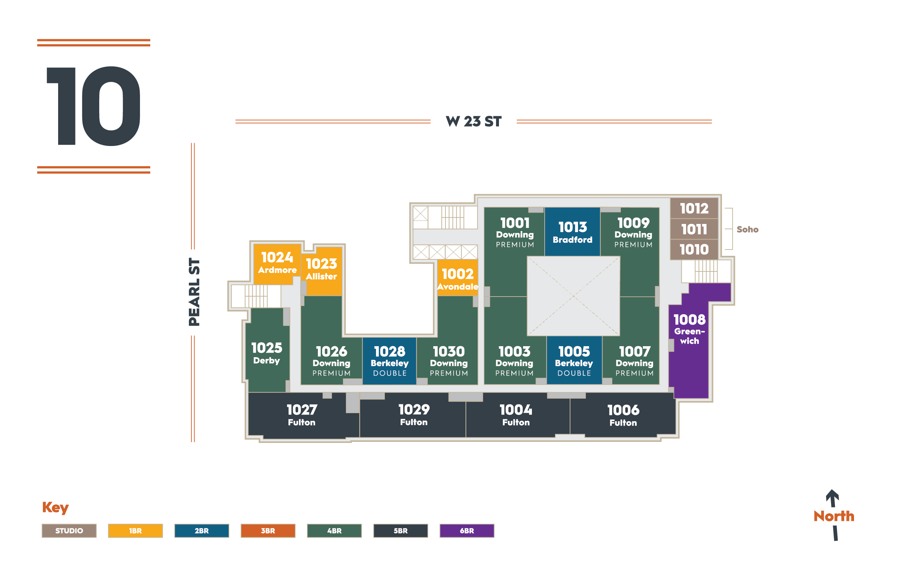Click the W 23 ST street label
coord(473,122)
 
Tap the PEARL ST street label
coord(194,292)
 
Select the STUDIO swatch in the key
coord(69,531)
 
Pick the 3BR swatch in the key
coord(268,531)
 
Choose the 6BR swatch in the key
coord(467,531)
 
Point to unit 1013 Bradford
coord(572,232)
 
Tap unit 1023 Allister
coord(322,270)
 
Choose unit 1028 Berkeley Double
coord(390,361)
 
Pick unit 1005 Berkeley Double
coord(574,361)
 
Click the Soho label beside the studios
coord(747,230)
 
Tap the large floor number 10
coord(94,106)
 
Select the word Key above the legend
coord(55,507)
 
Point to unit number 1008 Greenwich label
coord(689,329)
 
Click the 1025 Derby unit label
coord(266,353)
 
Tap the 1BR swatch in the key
coord(135,531)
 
